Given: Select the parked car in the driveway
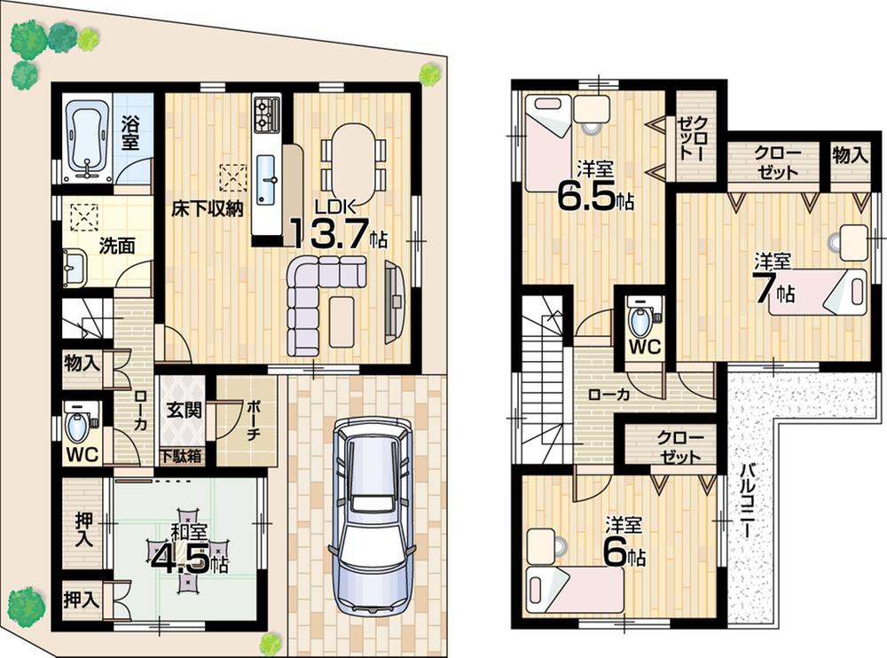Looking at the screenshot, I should [367, 514].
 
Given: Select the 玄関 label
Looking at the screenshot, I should [182, 411].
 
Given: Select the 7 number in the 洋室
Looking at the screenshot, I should [764, 290].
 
